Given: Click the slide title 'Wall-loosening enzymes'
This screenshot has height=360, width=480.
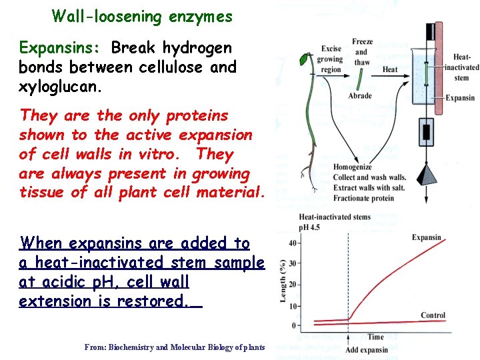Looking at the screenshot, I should (142, 16).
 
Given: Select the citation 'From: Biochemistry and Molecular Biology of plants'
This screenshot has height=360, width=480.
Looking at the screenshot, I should (175, 347).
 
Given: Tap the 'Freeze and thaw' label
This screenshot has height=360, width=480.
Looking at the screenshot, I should (362, 52).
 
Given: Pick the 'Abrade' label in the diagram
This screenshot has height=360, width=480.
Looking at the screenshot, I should (360, 96).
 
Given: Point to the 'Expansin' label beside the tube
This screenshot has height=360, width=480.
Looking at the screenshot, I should (460, 98).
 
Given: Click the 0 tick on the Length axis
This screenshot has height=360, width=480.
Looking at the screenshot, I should (294, 325).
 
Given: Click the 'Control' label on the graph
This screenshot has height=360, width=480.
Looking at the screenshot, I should (433, 315).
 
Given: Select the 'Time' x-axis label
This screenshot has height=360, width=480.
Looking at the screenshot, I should (375, 337).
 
